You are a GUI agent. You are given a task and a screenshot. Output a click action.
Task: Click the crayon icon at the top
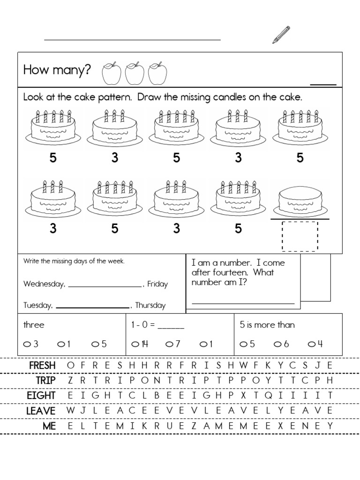pyautogui.click(x=281, y=35)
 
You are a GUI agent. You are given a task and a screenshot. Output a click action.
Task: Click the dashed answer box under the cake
pyautogui.click(x=300, y=236)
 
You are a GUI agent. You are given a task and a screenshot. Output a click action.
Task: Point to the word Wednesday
pyautogui.click(x=45, y=284)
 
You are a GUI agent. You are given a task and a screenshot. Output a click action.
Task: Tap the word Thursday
pyautogui.click(x=150, y=305)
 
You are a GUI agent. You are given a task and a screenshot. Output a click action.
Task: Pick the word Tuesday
pyautogui.click(x=38, y=305)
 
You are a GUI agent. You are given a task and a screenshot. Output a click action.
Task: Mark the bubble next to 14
pyautogui.click(x=135, y=344)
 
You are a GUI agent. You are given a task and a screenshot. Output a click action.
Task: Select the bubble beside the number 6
pyautogui.click(x=277, y=344)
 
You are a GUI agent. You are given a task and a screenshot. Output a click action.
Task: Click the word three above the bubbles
pyautogui.click(x=34, y=325)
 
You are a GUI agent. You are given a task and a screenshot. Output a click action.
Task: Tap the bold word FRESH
pyautogui.click(x=42, y=365)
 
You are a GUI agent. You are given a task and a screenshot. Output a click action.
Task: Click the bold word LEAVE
pyautogui.click(x=41, y=411)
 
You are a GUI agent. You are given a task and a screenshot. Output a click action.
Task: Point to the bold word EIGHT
pyautogui.click(x=41, y=396)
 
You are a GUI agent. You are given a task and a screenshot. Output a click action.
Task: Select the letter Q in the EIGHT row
pyautogui.click(x=269, y=395)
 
